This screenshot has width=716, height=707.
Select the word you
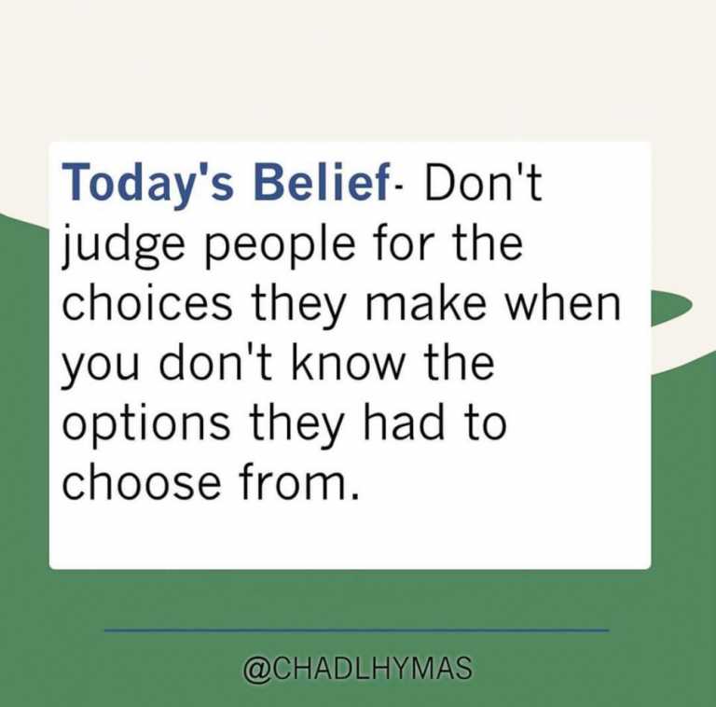(100, 369)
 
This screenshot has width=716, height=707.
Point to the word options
(146, 424)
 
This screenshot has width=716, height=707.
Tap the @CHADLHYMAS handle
(358, 669)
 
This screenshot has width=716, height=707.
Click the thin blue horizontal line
(357, 631)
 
